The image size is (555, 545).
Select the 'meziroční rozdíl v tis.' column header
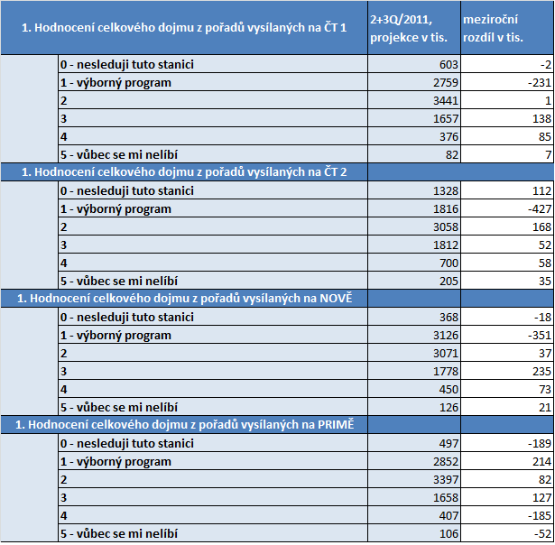(505, 27)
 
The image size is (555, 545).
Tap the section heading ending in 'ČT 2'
(184, 172)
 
